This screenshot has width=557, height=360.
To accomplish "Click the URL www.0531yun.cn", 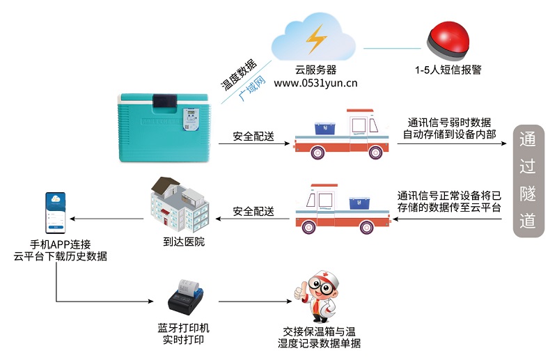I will (x=315, y=84).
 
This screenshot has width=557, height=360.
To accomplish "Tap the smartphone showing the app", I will (x=56, y=213).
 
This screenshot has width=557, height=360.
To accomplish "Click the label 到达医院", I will (x=180, y=242).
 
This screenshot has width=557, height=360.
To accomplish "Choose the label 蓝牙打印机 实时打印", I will (x=183, y=334).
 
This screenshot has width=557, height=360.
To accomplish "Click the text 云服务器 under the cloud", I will (x=315, y=70).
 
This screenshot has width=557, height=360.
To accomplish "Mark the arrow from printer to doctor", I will (x=253, y=302).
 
